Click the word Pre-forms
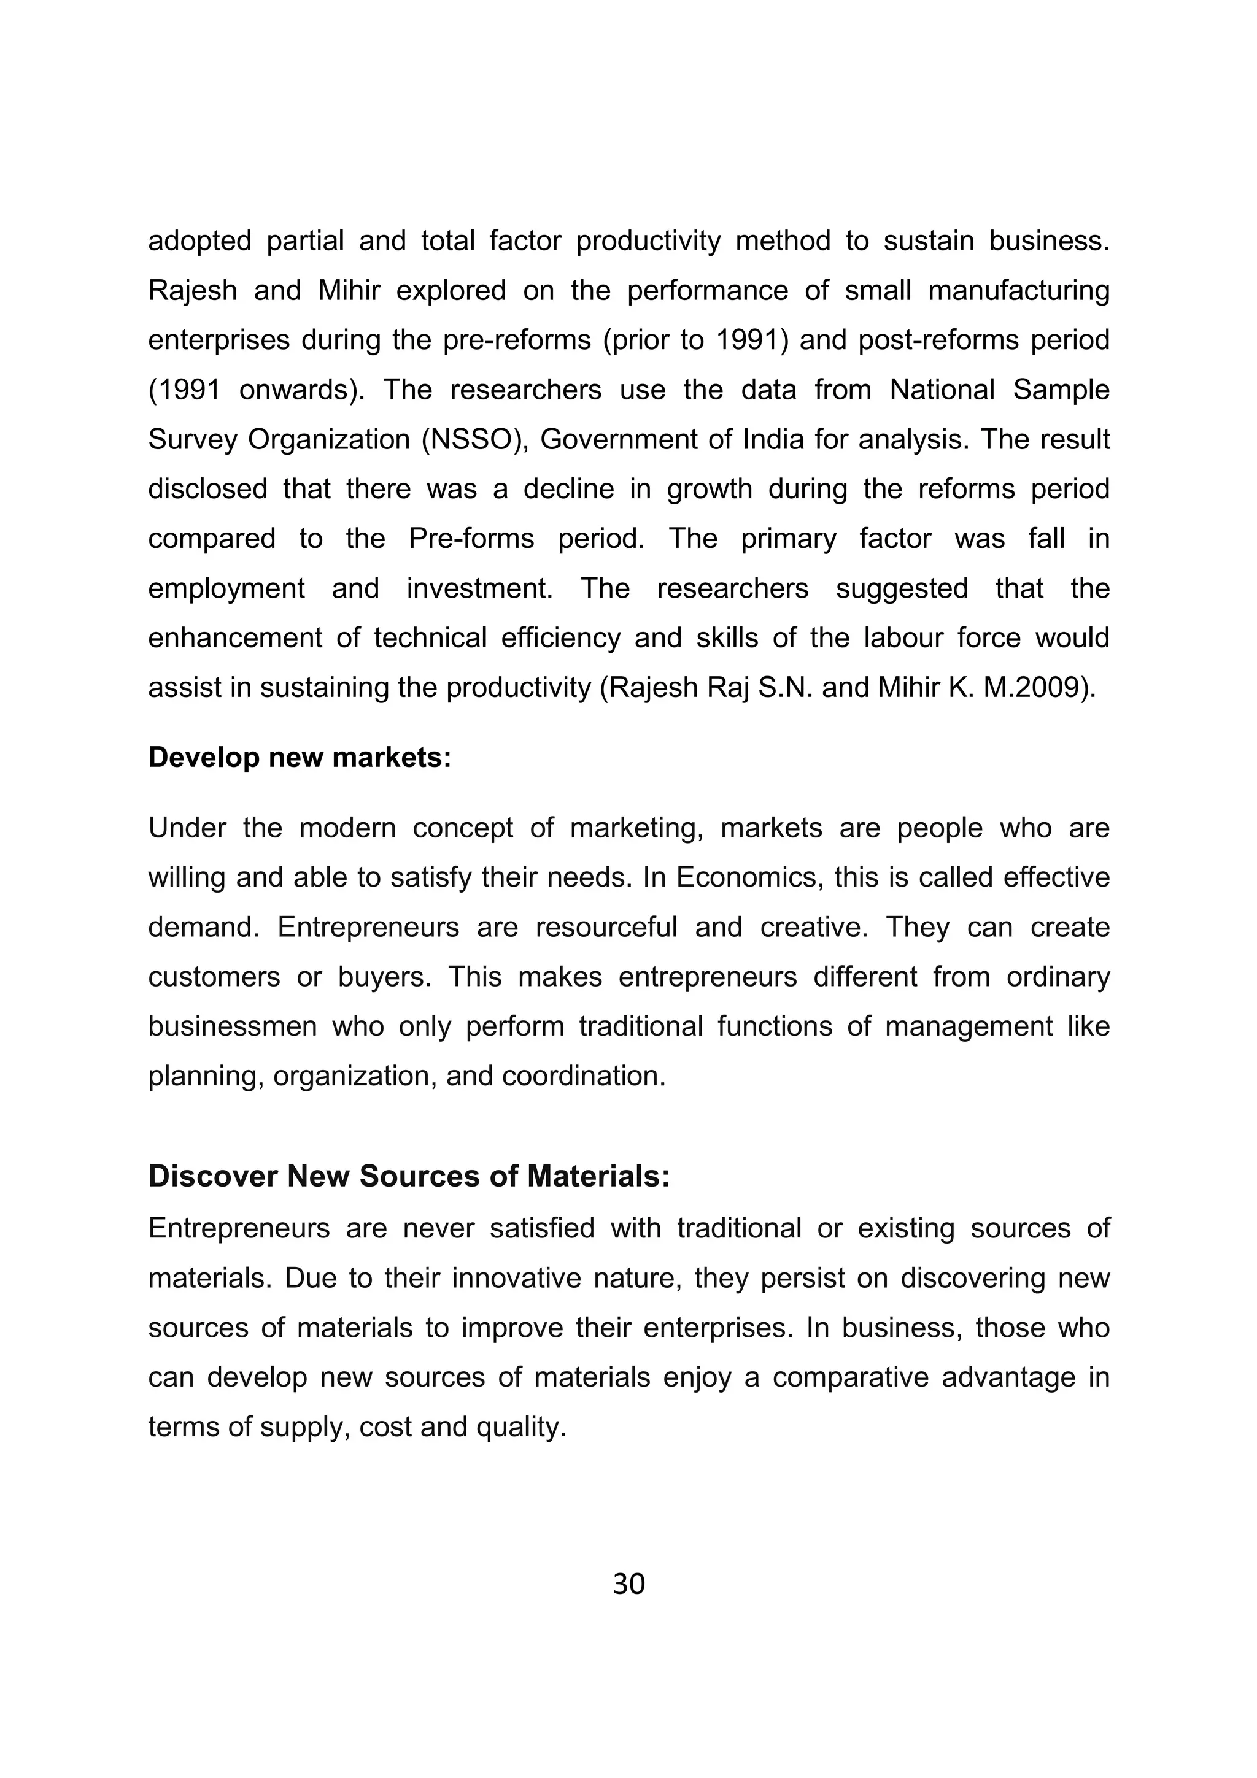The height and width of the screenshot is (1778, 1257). (x=471, y=538)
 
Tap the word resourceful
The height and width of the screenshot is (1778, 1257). (x=606, y=927)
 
